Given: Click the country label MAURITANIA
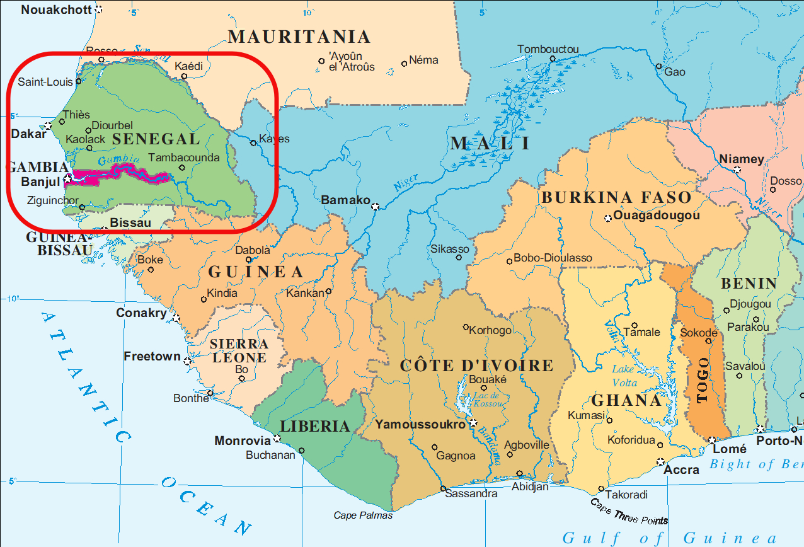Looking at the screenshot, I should point(299,37).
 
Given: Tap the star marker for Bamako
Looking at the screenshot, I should point(376,206).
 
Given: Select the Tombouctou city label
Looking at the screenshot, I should point(548,49).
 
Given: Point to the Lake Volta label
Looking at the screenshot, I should point(624,376).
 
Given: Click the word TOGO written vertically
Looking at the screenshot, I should point(703,380).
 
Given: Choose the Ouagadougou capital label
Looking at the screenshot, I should point(657,216).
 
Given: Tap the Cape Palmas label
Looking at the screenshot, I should point(363,515).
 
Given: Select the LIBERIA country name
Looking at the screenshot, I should point(314,427).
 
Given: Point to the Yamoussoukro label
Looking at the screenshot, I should point(420,424).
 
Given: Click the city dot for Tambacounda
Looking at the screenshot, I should point(181,168).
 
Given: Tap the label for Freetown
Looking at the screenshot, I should point(152,357).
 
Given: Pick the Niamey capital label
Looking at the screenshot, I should point(741,159).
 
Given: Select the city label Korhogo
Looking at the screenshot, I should point(491,330).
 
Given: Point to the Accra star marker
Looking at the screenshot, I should point(660,461).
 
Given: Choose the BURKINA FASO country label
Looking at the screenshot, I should point(616,197).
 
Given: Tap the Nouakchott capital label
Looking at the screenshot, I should point(55,9).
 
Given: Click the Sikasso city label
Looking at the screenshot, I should point(450,249).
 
